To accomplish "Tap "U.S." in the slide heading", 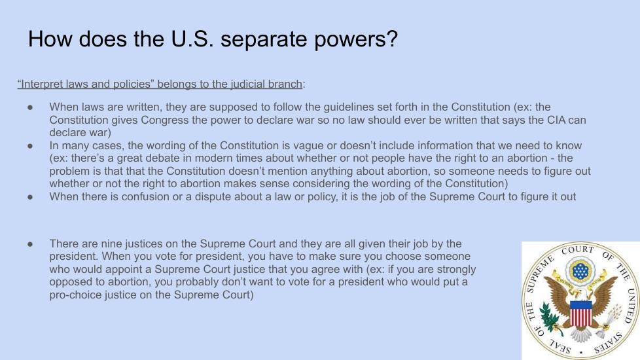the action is click(x=192, y=39).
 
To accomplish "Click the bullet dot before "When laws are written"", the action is click(x=30, y=107).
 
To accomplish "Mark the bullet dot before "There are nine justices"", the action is click(x=30, y=244).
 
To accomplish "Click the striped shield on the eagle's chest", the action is click(x=581, y=313).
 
